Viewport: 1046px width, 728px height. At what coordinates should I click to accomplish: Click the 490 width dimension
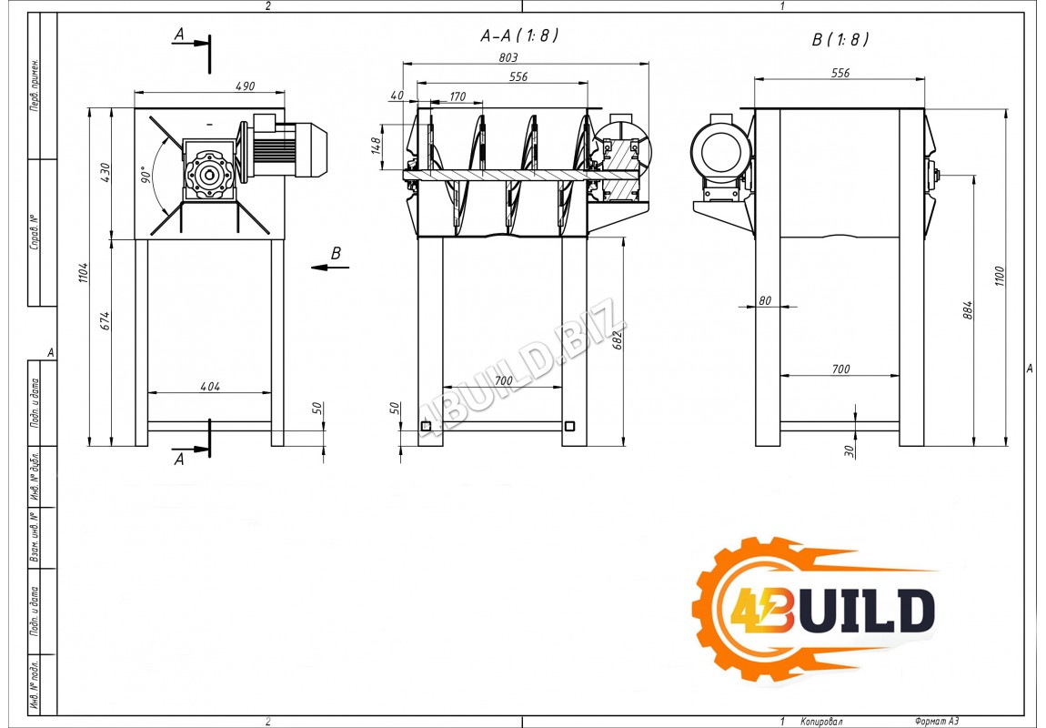coord(245,86)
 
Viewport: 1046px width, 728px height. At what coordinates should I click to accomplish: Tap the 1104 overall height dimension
coord(84,272)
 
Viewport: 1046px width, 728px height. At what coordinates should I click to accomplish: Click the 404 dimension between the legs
coord(209,387)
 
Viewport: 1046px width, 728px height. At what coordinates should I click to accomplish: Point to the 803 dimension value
coord(508,57)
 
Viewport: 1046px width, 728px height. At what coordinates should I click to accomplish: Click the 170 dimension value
coord(458,96)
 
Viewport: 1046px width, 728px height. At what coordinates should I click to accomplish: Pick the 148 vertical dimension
coord(376,145)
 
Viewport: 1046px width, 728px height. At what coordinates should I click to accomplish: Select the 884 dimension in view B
coord(968,310)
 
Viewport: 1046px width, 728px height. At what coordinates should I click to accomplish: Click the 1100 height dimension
coord(1000,276)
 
